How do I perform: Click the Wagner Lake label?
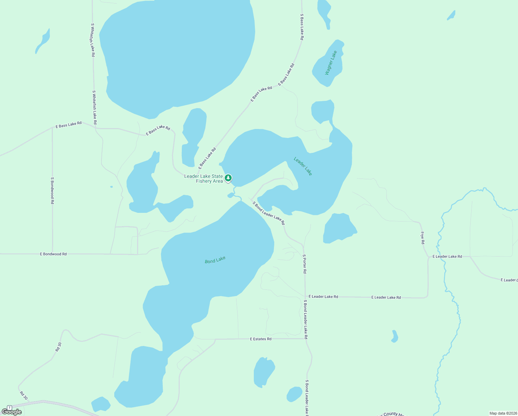coord(331,63)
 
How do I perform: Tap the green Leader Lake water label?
coord(303,166)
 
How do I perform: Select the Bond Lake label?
coord(215,260)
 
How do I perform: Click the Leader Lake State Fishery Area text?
coord(204,179)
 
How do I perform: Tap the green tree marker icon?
coord(228,178)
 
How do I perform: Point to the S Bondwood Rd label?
coord(52,190)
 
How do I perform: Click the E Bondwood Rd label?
coord(53,254)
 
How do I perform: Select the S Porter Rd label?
coord(304,264)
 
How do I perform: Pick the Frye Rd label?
coord(422,238)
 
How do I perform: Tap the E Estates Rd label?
coord(261,339)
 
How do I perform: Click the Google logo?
coord(12,412)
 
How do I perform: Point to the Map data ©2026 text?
coord(503,413)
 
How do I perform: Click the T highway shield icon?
coord(9,408)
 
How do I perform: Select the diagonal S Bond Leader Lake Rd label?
coord(268,213)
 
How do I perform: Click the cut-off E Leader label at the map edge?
coord(509,280)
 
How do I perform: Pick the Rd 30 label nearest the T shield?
coord(24,396)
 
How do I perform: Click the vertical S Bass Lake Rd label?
coord(302,27)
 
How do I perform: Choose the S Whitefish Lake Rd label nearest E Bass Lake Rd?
coord(94,107)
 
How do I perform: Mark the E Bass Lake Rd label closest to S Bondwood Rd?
coord(69,124)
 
